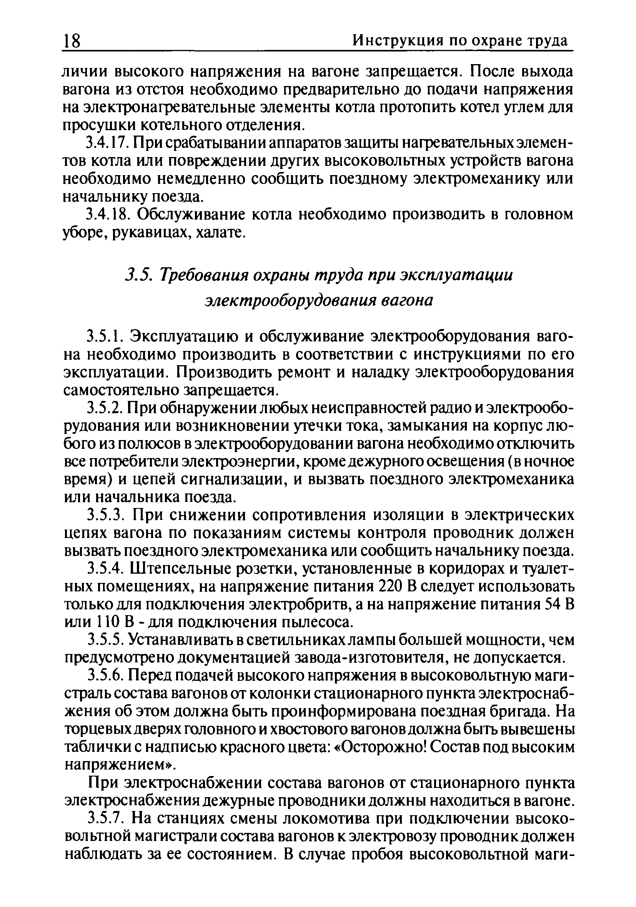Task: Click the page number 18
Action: point(72,41)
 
